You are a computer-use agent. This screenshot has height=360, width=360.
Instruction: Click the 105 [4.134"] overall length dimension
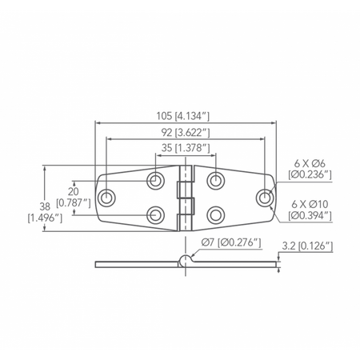(x=183, y=116)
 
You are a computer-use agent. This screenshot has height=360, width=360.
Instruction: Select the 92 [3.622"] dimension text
(x=186, y=133)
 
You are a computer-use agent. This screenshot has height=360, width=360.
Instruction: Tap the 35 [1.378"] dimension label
(x=186, y=147)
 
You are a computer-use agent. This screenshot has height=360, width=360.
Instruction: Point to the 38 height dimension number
(x=45, y=206)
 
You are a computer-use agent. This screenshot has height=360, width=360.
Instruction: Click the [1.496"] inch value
(x=45, y=218)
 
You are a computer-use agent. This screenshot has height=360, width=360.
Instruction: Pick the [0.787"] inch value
(x=74, y=203)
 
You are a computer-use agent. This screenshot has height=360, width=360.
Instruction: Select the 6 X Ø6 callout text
(x=310, y=163)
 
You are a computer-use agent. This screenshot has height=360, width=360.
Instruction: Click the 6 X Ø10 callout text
(x=310, y=205)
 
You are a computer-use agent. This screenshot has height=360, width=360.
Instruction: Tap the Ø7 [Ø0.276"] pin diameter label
(x=231, y=242)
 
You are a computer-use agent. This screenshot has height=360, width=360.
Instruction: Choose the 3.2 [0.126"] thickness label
(x=307, y=246)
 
